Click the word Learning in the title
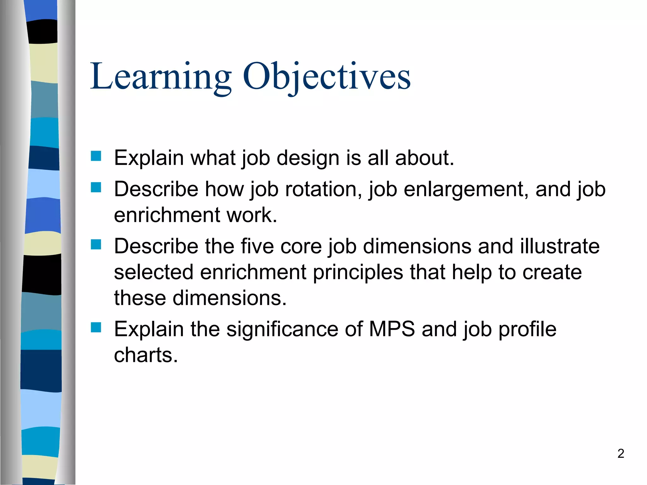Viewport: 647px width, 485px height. pos(160,77)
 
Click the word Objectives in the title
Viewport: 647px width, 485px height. pos(326,77)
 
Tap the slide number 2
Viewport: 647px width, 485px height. pos(620,453)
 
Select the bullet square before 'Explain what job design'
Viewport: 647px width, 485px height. pos(96,156)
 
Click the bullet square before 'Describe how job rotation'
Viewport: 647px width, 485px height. pos(96,188)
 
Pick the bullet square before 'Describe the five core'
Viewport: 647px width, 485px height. pos(96,244)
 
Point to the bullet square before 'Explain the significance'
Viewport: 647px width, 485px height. pos(96,327)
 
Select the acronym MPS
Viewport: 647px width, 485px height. pos(391,329)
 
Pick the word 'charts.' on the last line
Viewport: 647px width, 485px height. pos(146,355)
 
